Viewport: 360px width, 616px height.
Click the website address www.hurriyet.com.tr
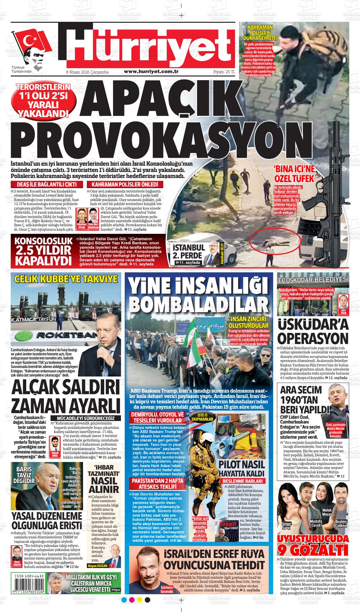pyautogui.click(x=151, y=72)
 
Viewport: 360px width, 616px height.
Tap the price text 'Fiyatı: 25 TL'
pyautogui.click(x=224, y=72)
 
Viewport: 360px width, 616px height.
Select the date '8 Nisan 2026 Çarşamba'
pyautogui.click(x=87, y=72)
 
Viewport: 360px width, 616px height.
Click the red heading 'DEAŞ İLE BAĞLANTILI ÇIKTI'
pyautogui.click(x=47, y=185)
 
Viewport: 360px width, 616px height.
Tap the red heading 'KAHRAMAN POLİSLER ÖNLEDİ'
pyautogui.click(x=125, y=185)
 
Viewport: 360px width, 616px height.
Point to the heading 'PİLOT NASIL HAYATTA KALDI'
pyautogui.click(x=242, y=469)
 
